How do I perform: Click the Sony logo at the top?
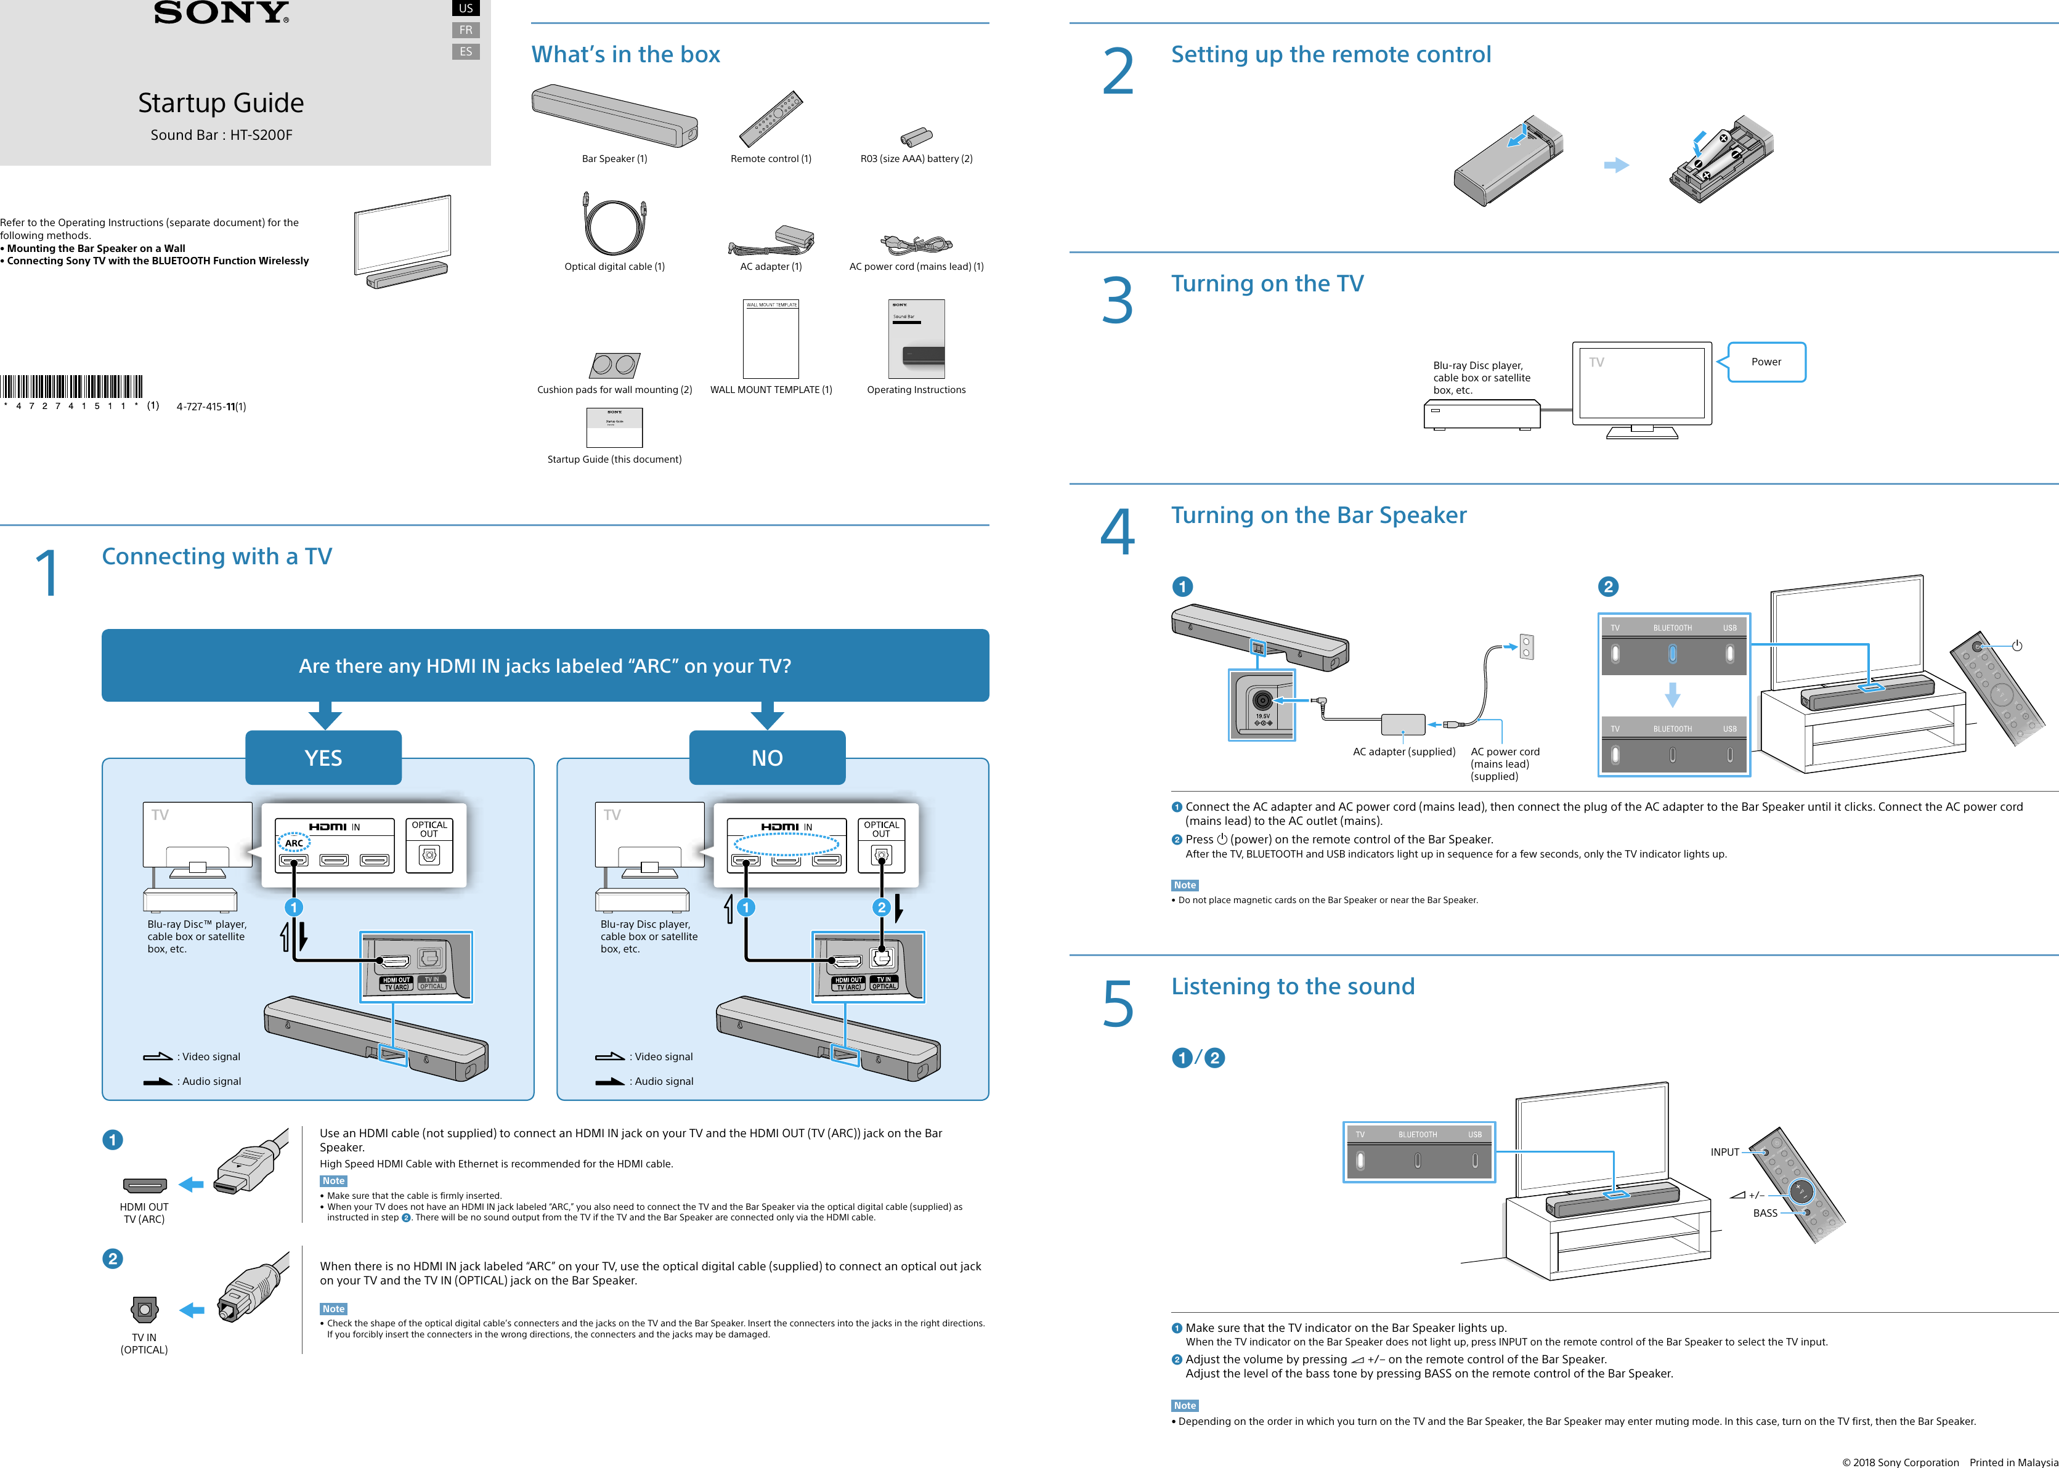coord(221,13)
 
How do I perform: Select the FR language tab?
coord(466,30)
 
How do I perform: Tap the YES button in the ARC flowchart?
coord(323,758)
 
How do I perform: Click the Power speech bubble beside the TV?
coord(1766,362)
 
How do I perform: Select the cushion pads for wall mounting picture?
coord(615,365)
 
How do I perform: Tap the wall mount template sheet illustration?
coord(771,339)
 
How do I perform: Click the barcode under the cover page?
coord(71,386)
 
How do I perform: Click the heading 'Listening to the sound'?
coord(1293,986)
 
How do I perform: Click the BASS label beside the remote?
coord(1765,1213)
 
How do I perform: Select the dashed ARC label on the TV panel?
coord(294,843)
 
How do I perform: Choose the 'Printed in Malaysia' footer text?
coord(2014,1462)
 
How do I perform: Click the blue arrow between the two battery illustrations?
coord(1616,166)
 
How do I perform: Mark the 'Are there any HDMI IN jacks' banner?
coord(545,665)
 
